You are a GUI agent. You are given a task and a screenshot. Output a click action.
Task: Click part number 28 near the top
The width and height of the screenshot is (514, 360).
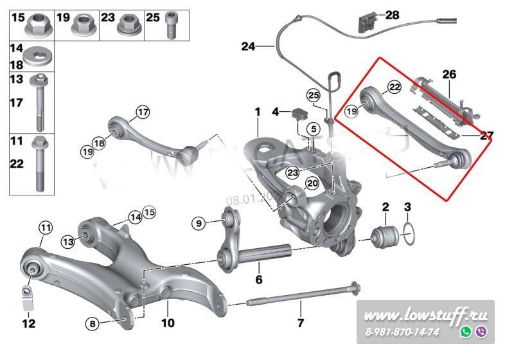pos(392,14)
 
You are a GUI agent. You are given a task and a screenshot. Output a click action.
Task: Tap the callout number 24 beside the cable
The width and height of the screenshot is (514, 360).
pos(249,46)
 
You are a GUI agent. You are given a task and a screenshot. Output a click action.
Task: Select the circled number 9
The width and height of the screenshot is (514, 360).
pos(199,223)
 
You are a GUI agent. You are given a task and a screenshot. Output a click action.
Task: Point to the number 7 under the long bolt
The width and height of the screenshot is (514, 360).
pos(299,322)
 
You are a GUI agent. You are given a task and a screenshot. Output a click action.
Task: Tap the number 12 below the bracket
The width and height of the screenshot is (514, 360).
pos(29,323)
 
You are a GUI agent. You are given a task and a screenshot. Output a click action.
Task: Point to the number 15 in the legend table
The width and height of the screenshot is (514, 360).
pos(18,17)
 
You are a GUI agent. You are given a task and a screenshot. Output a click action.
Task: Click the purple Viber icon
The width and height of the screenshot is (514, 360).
pos(481,332)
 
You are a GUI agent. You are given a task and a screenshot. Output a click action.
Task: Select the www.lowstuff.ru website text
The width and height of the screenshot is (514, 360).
pos(425,316)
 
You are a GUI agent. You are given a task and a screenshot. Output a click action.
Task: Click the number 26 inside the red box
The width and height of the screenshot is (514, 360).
pos(448,75)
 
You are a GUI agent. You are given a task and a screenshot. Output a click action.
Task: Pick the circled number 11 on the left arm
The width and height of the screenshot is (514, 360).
pos(44,227)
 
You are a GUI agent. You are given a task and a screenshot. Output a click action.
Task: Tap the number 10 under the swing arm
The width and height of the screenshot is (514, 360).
pos(168,323)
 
